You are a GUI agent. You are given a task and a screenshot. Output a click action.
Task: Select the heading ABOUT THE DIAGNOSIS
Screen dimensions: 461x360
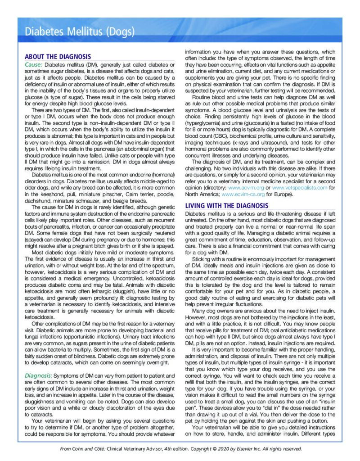coord(58,57)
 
